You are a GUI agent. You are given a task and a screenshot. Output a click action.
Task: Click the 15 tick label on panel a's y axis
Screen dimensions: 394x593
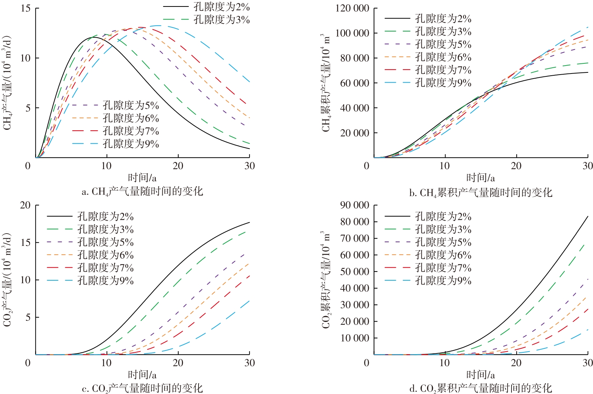(x=26, y=8)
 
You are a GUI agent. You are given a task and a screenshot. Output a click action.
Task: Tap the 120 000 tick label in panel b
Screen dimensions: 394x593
(x=352, y=8)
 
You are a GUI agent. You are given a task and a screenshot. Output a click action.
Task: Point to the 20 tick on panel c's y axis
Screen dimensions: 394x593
(x=26, y=205)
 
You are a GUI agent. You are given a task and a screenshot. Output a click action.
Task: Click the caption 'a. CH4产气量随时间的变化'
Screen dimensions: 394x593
(x=142, y=191)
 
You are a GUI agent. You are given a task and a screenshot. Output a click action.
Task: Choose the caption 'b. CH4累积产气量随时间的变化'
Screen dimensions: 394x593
(x=481, y=192)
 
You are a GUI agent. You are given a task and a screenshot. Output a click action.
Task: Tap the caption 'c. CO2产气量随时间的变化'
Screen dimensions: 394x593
(x=142, y=389)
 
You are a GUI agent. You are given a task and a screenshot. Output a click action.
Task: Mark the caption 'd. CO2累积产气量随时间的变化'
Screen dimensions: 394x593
(x=481, y=389)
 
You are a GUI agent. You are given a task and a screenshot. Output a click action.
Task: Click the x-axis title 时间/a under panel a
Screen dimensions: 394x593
(x=142, y=178)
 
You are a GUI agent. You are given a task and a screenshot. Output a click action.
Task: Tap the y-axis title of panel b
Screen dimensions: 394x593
(x=326, y=83)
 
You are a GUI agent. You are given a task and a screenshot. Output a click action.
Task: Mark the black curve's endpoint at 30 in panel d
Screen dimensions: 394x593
(x=588, y=217)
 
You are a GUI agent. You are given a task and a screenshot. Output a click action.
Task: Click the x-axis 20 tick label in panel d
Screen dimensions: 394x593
(x=516, y=363)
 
